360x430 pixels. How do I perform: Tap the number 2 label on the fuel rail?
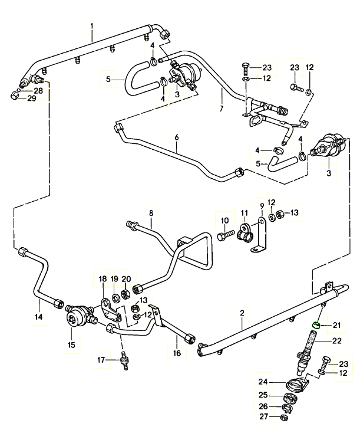(x=242, y=322)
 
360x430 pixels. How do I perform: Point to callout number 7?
(x=222, y=109)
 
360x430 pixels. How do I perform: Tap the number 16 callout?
(x=176, y=353)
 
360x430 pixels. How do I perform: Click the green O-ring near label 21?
(x=317, y=324)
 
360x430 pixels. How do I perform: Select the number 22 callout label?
(x=337, y=340)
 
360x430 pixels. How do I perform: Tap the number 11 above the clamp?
(x=243, y=212)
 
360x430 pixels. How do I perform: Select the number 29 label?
(x=31, y=98)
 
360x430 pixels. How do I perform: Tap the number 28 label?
(x=38, y=90)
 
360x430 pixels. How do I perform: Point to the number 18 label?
(x=103, y=278)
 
